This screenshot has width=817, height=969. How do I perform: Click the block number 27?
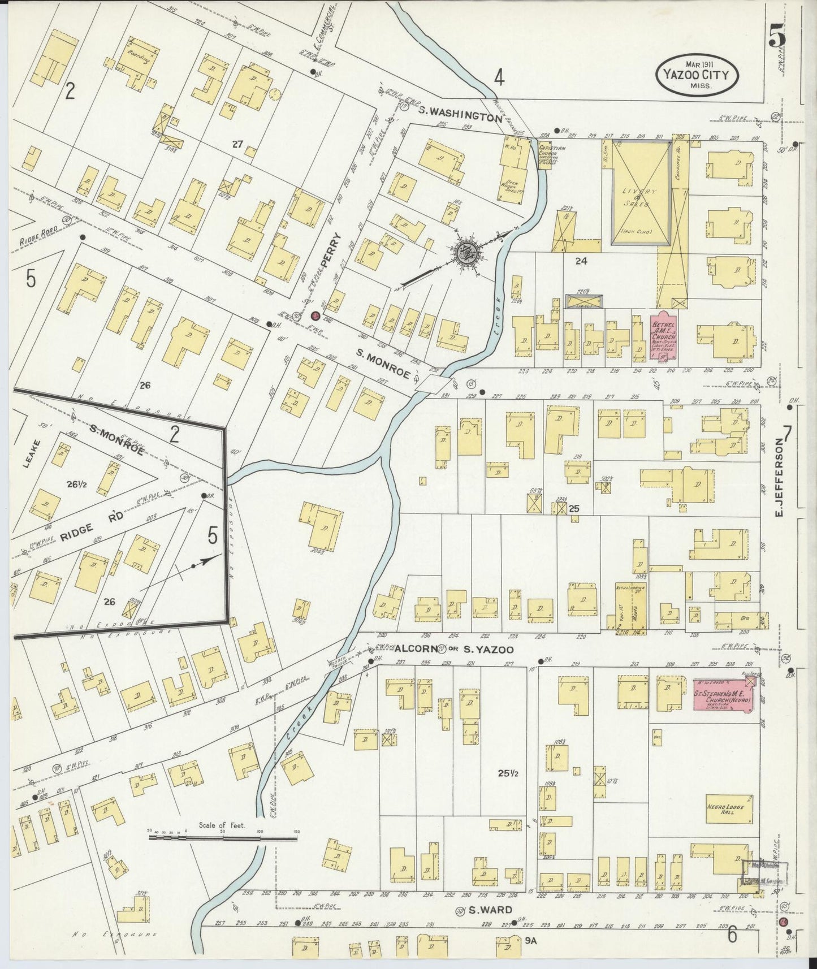[237, 145]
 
